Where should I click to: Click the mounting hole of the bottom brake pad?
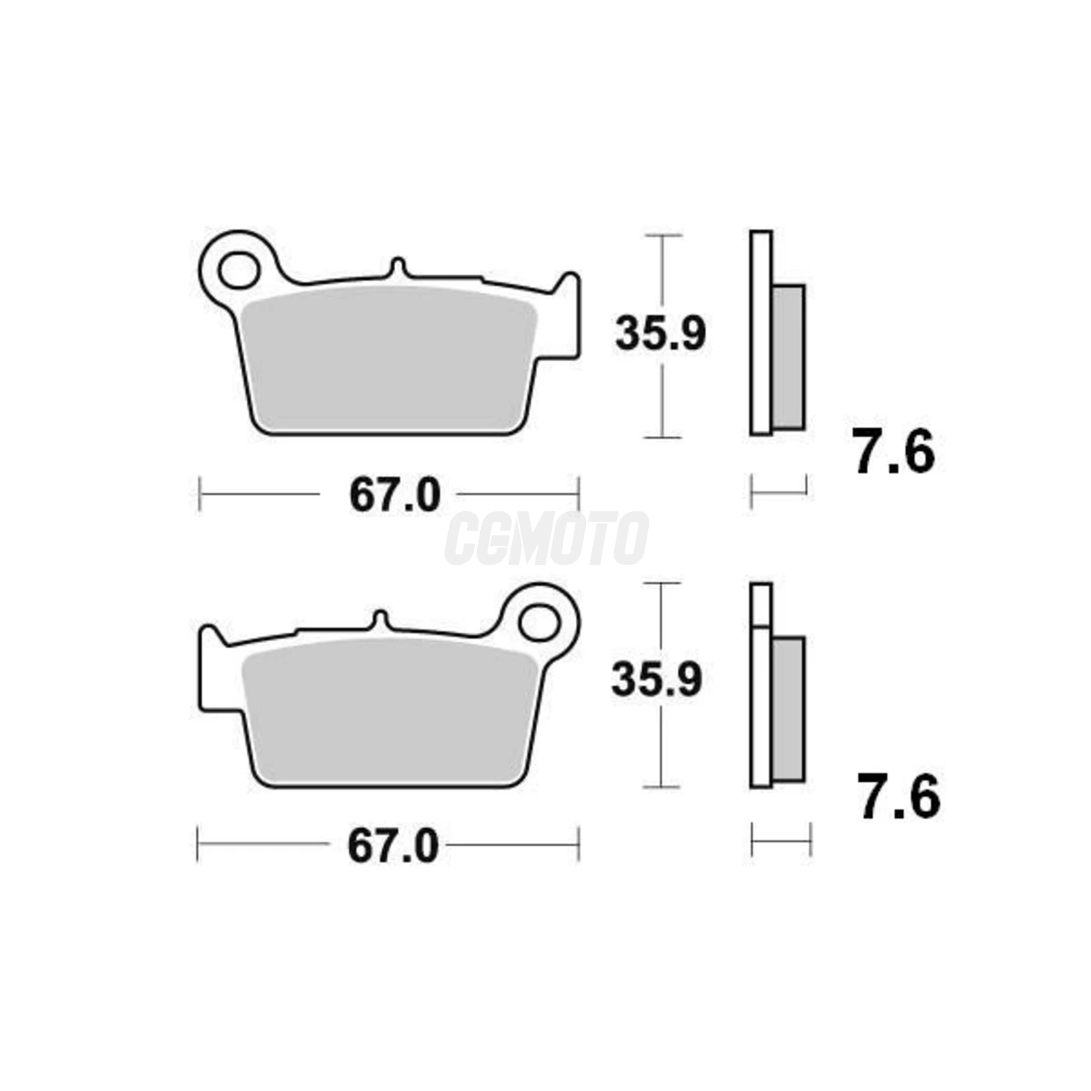(x=538, y=624)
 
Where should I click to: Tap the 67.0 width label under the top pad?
(x=394, y=495)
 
